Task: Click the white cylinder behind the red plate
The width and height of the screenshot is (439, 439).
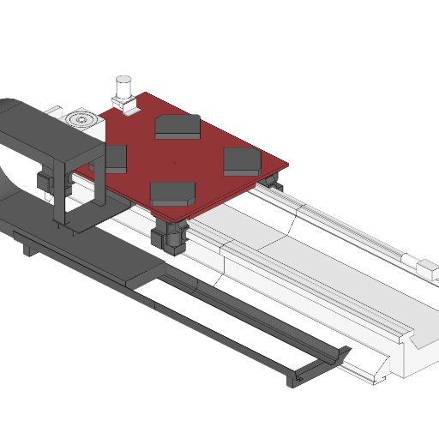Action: point(123,87)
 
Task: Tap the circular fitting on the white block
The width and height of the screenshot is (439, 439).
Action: point(81,119)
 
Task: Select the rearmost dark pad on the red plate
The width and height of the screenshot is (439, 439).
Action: point(177,127)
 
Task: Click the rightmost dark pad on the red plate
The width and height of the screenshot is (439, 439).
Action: point(242,160)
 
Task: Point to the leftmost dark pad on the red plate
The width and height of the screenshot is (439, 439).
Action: point(114,159)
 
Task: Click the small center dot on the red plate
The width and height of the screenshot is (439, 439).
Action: point(175,159)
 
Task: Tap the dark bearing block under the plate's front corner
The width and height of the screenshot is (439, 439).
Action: point(168,237)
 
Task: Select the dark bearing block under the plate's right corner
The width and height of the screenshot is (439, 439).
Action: point(272,181)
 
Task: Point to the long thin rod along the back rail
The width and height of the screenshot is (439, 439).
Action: point(343,226)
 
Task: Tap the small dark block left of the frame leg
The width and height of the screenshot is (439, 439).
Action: point(41,183)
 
